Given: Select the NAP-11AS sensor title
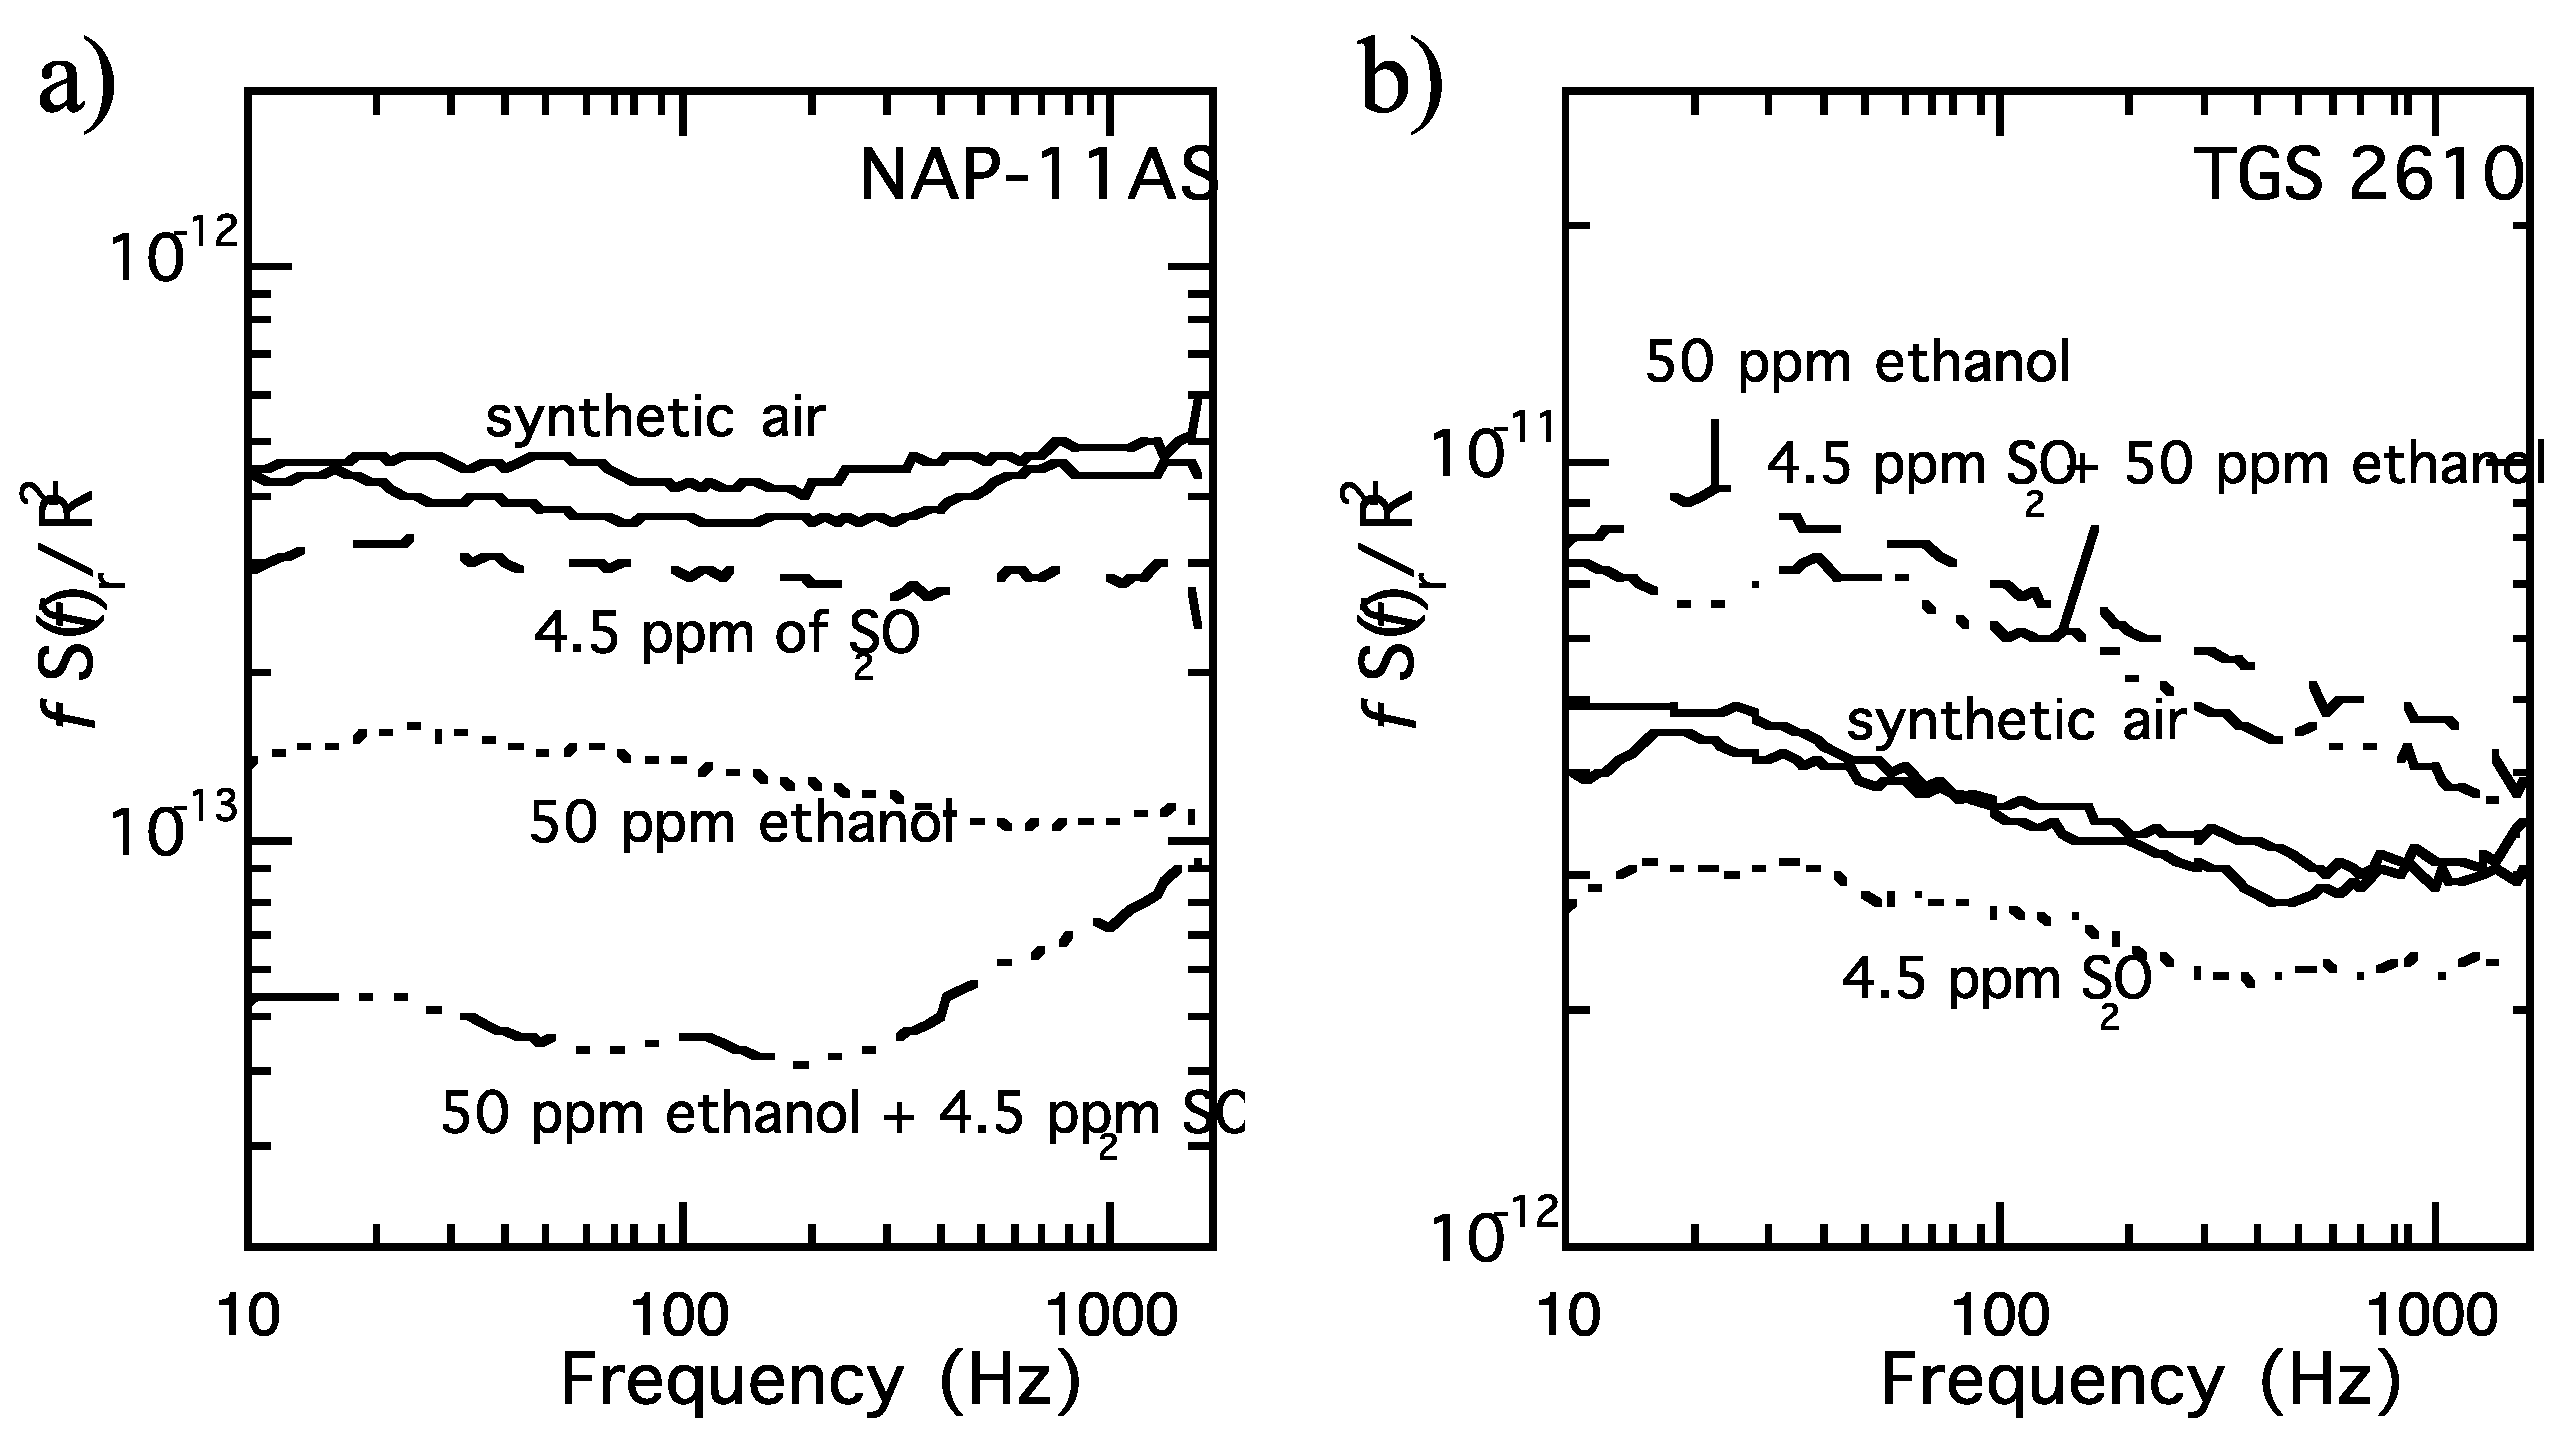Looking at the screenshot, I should pyautogui.click(x=1038, y=181).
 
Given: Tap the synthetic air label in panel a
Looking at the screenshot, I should pyautogui.click(x=655, y=417).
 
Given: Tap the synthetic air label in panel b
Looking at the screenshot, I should pyautogui.click(x=2014, y=720).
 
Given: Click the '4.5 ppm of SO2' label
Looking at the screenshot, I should pyautogui.click(x=725, y=636).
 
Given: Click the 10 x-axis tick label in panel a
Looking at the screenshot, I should pyautogui.click(x=247, y=1318).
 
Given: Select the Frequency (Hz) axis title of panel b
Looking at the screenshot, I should pyautogui.click(x=2140, y=1383).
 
